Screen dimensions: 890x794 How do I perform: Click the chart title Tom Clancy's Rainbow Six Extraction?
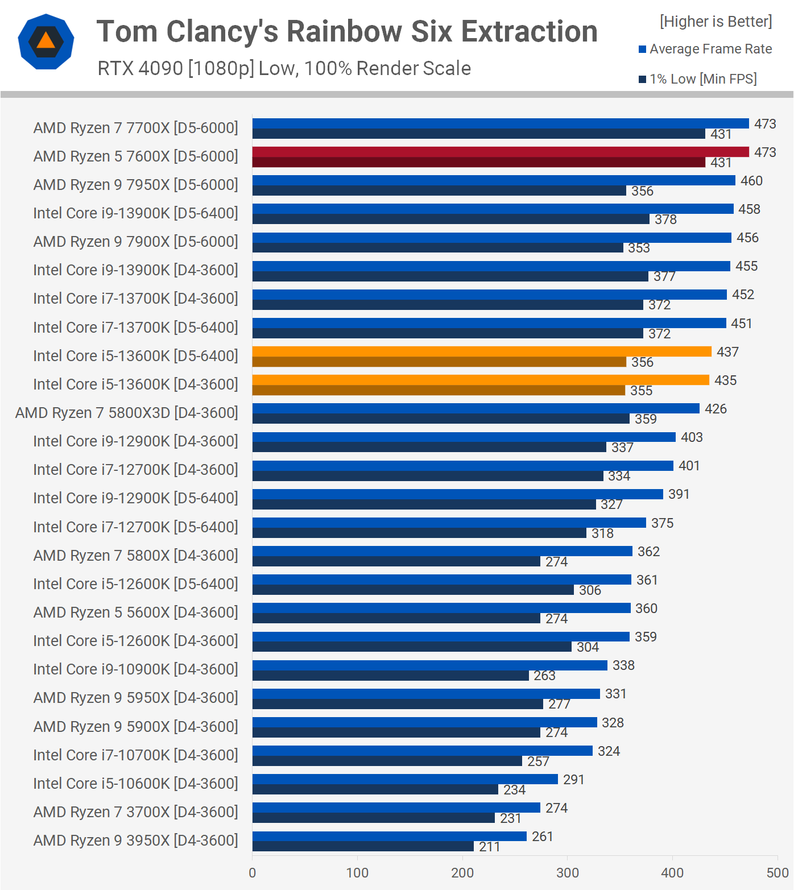point(347,31)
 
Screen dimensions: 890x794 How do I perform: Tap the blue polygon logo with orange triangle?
point(46,42)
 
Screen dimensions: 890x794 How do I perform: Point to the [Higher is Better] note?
point(716,22)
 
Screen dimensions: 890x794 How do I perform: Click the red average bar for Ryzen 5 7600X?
point(501,152)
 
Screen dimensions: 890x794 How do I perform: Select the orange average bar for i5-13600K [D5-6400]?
point(482,351)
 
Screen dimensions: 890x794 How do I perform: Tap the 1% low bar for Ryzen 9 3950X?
point(363,846)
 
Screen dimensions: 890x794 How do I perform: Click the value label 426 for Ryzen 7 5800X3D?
point(716,409)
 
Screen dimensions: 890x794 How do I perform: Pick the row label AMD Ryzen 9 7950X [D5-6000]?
point(135,185)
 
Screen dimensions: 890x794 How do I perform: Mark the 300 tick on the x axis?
point(568,873)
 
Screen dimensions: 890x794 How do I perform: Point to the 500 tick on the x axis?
point(777,873)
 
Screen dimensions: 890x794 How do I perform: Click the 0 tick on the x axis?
point(253,873)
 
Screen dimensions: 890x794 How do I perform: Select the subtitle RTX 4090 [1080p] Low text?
point(284,68)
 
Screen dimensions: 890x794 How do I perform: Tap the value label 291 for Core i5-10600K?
point(573,780)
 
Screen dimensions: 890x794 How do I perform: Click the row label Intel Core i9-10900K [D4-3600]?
point(135,669)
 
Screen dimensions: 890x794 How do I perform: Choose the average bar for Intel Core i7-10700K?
point(423,751)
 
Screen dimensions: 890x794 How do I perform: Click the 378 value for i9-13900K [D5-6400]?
point(665,220)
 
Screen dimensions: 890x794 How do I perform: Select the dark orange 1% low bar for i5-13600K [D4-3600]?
point(439,390)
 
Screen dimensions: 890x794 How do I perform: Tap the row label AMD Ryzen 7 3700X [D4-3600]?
point(135,812)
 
